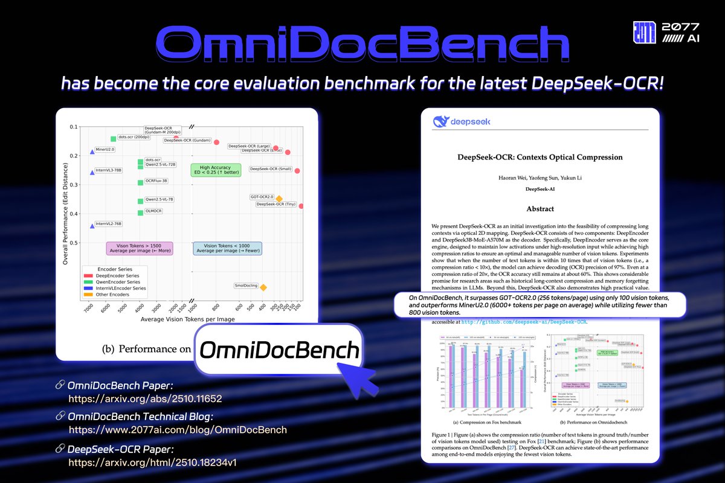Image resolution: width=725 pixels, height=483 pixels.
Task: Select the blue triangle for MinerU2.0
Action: (x=92, y=152)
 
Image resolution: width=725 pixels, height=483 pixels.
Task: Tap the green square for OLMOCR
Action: (x=140, y=213)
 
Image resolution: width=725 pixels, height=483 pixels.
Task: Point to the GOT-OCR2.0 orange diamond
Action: (x=279, y=199)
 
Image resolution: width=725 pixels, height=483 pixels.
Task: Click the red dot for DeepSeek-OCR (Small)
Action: (x=297, y=171)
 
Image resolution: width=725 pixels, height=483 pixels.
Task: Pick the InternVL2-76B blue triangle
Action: (x=92, y=226)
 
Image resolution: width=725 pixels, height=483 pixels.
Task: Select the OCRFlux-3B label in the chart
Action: (x=156, y=181)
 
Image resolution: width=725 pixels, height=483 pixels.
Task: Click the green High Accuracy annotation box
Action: (x=216, y=170)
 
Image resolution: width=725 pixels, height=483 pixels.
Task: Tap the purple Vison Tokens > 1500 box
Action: (x=140, y=248)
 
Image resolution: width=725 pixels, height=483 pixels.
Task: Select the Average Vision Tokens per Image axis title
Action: (x=187, y=318)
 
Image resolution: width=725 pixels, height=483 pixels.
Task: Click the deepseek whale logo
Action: (x=440, y=123)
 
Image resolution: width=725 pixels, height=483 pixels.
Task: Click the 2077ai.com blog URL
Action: (x=178, y=430)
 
